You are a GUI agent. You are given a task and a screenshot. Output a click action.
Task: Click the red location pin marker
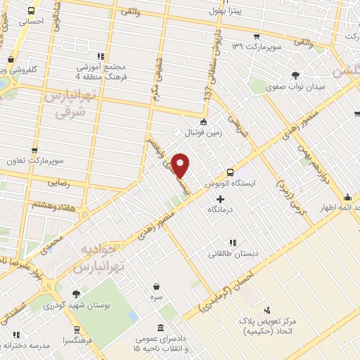click(181, 165)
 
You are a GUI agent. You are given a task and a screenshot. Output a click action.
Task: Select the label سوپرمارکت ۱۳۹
click(257, 46)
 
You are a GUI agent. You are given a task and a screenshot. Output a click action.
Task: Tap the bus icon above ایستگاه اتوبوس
click(230, 172)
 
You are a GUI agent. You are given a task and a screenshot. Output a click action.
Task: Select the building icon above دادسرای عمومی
click(161, 328)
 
